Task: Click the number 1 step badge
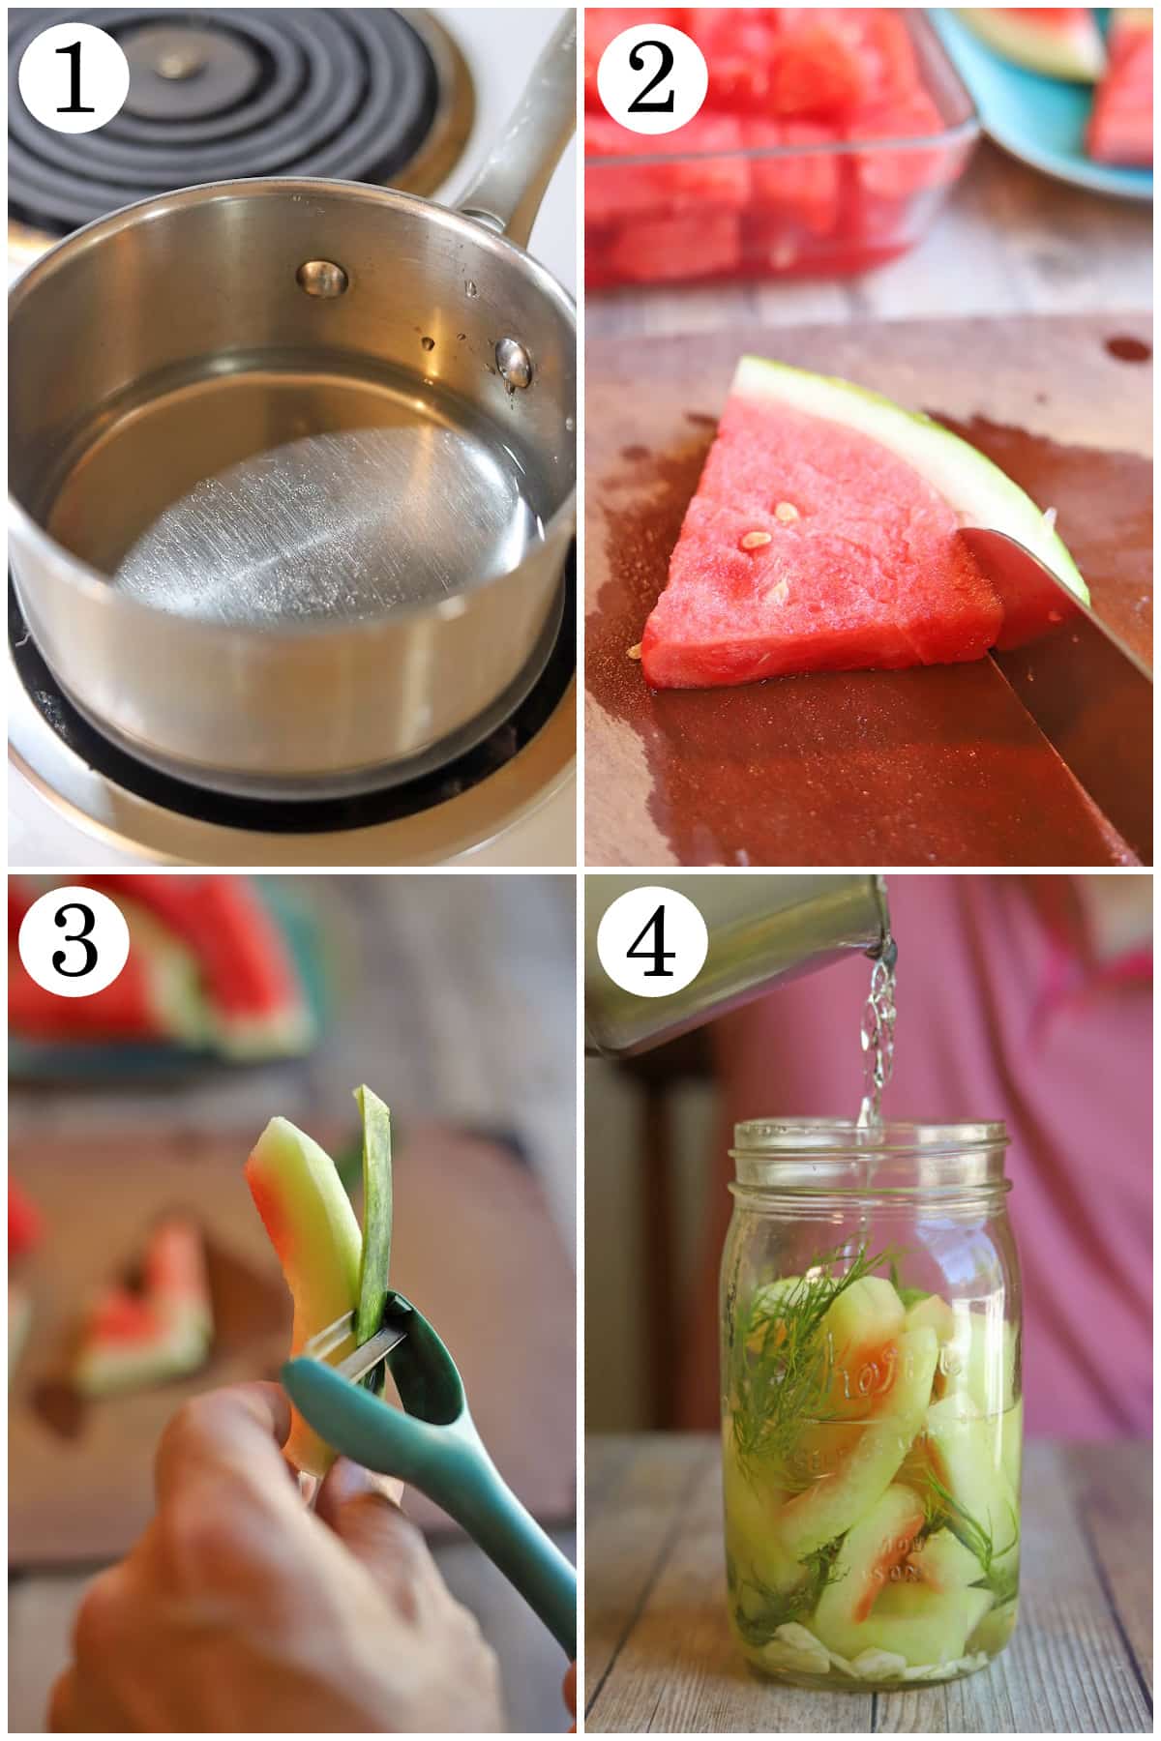click(74, 77)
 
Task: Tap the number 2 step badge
click(651, 77)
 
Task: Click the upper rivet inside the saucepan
click(323, 278)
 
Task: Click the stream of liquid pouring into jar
click(876, 1045)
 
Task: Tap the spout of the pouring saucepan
click(876, 938)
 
